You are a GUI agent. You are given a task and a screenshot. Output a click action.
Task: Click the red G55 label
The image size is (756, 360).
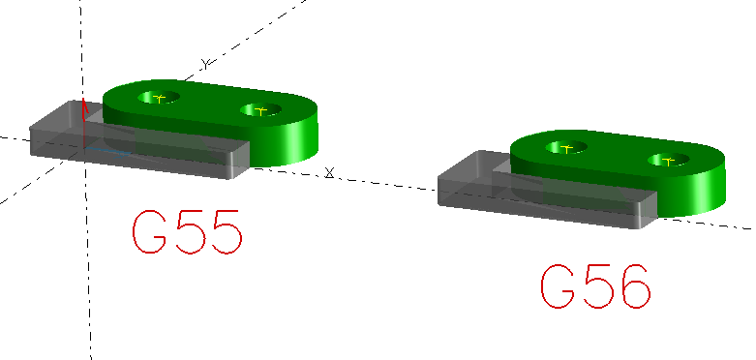coord(186,231)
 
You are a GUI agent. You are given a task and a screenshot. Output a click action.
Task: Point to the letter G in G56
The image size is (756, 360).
coord(559,286)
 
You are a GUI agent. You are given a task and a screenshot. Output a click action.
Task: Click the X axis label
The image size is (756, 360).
coord(330,172)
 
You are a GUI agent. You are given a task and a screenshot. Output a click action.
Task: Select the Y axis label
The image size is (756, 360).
coord(205,64)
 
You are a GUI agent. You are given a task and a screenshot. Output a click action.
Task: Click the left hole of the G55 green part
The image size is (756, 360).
coord(160,98)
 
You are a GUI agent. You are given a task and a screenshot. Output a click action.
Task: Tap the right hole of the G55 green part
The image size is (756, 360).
coord(260,109)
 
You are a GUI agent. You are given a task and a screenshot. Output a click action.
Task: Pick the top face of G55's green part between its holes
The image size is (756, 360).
coord(210,104)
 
